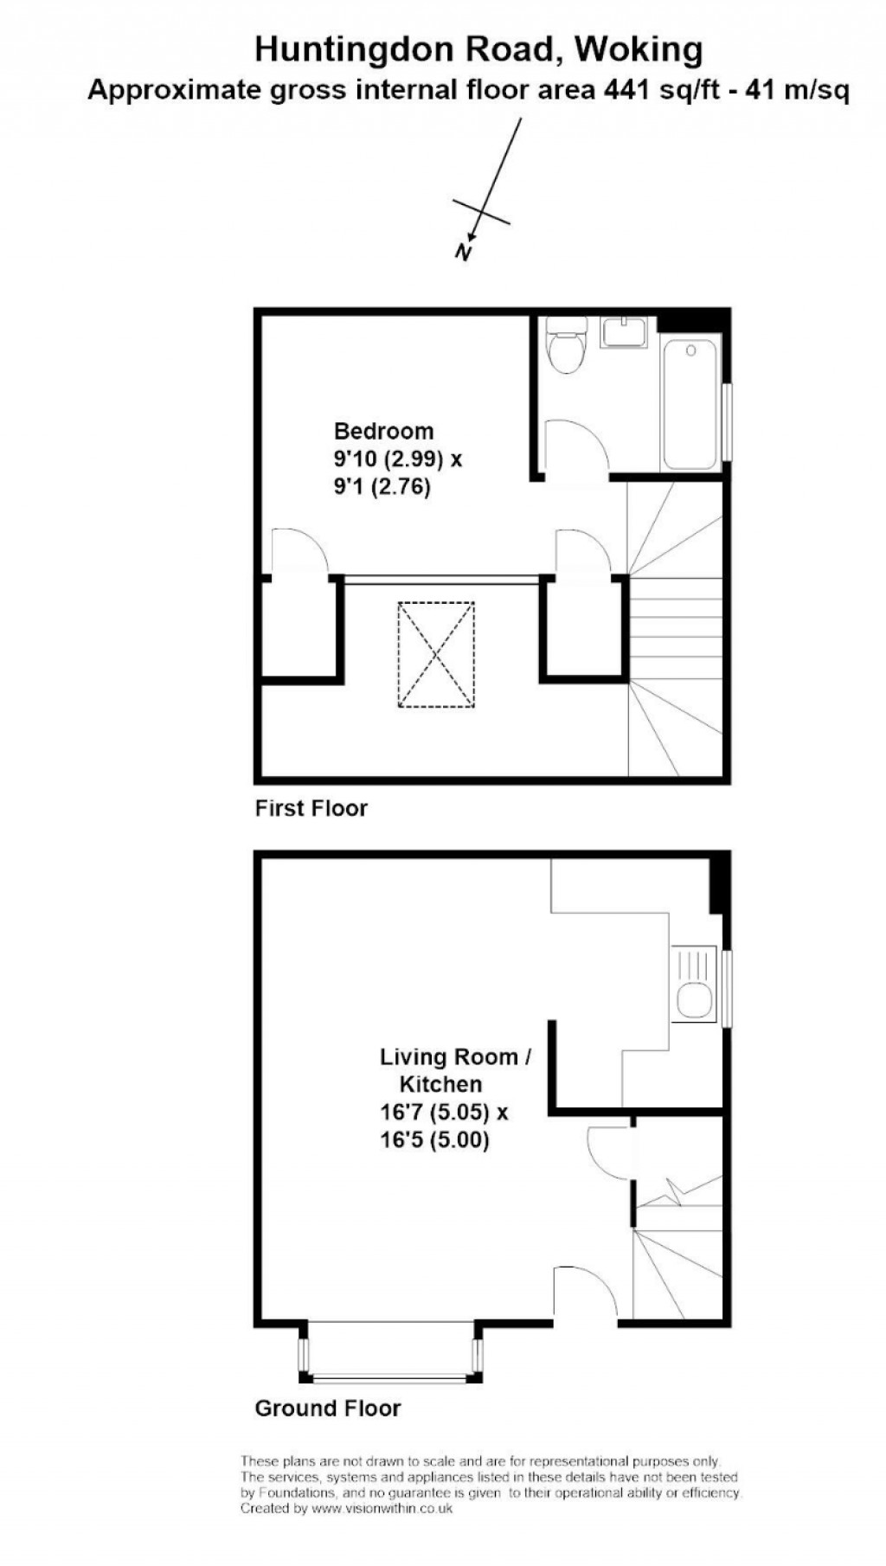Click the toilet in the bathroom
click(x=568, y=346)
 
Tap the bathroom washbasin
click(x=624, y=332)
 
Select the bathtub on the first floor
click(x=690, y=403)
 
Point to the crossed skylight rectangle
click(x=436, y=655)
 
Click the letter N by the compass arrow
click(x=464, y=253)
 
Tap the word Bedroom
click(x=383, y=431)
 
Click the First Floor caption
click(x=311, y=808)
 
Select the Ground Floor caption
click(x=327, y=1409)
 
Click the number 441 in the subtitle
click(x=621, y=90)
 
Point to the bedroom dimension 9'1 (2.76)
click(x=382, y=487)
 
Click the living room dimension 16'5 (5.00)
click(x=434, y=1139)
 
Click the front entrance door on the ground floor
click(x=584, y=1296)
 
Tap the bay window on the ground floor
click(x=389, y=1357)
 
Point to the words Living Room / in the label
click(x=455, y=1056)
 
